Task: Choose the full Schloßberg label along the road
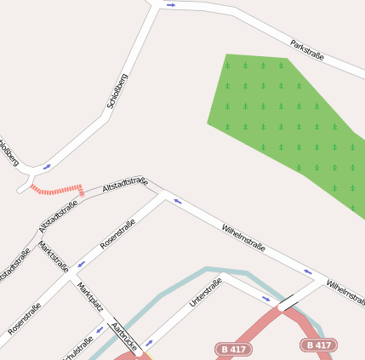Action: pyautogui.click(x=117, y=91)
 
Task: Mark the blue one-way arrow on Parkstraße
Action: pyautogui.click(x=171, y=5)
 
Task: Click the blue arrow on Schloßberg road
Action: pyautogui.click(x=47, y=167)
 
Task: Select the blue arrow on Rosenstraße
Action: pyautogui.click(x=82, y=265)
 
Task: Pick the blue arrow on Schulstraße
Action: pyautogui.click(x=100, y=329)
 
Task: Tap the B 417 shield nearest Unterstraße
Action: pyautogui.click(x=233, y=349)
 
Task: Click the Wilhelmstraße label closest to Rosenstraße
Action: pyautogui.click(x=243, y=238)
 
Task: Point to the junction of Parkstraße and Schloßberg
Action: pyautogui.click(x=158, y=5)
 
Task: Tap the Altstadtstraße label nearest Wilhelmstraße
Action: pyautogui.click(x=125, y=184)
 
